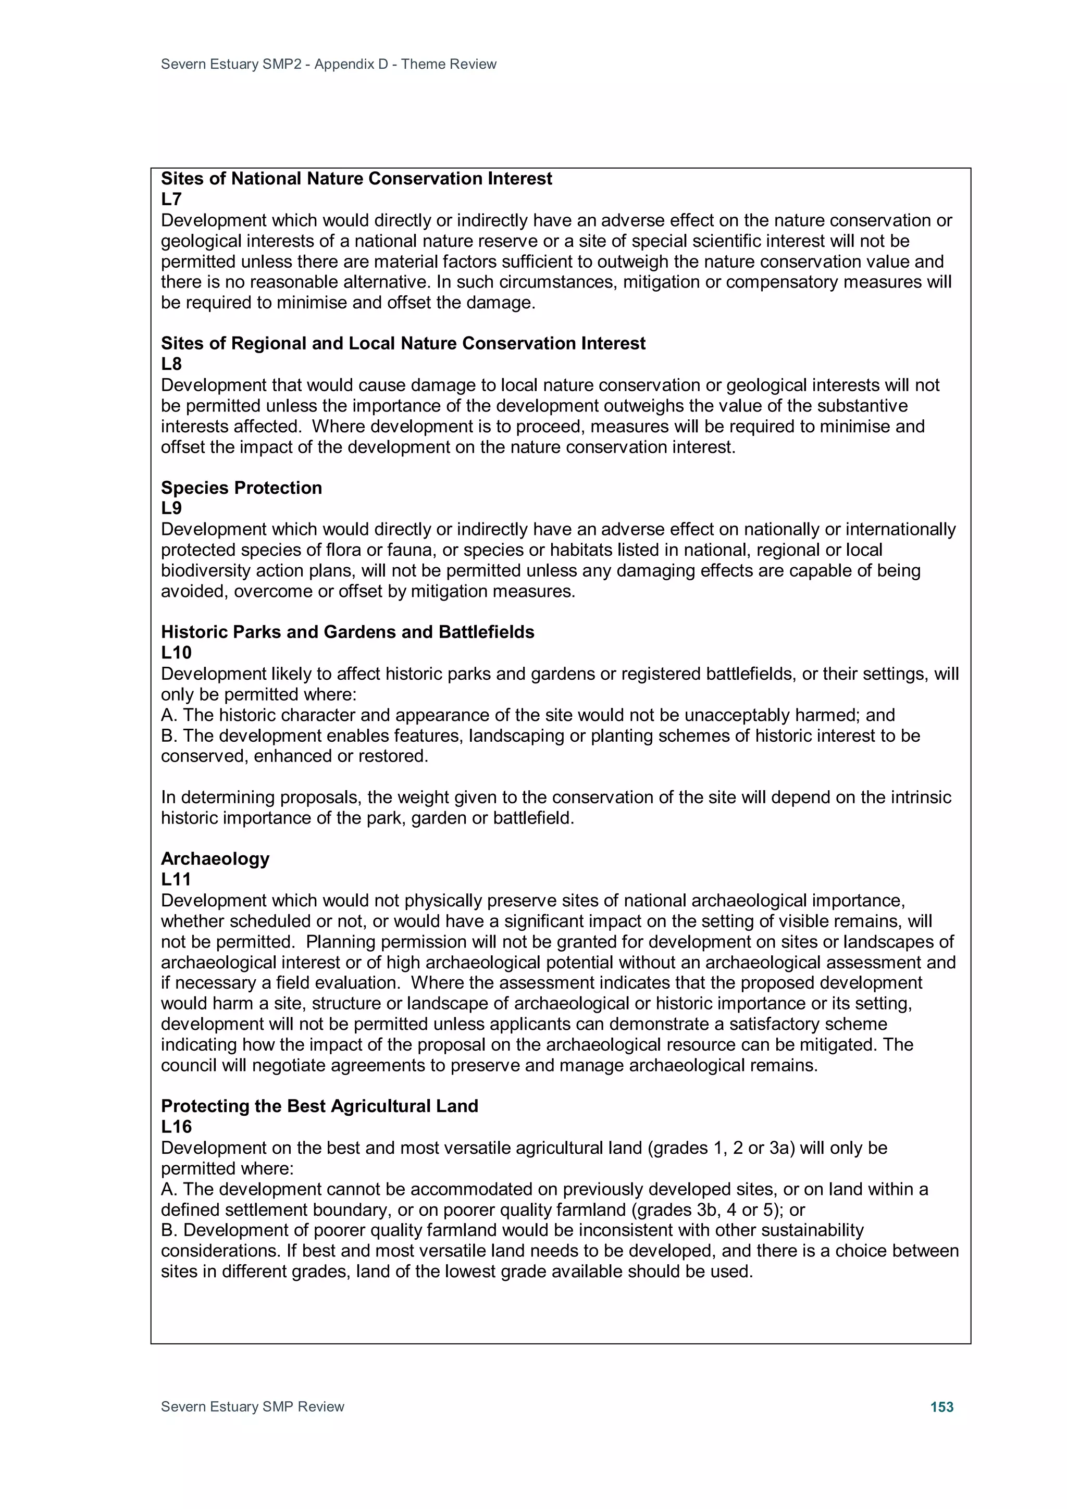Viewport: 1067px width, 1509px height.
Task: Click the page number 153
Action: pyautogui.click(x=941, y=1406)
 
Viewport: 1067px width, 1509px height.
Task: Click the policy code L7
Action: pyautogui.click(x=171, y=199)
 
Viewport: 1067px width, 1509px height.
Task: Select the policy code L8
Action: pyautogui.click(x=171, y=364)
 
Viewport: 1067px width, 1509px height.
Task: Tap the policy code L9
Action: pyautogui.click(x=171, y=508)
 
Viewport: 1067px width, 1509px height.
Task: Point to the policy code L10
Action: pyautogui.click(x=176, y=653)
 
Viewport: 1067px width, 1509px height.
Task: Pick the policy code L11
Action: pyautogui.click(x=176, y=879)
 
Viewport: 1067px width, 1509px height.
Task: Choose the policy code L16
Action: pyautogui.click(x=176, y=1127)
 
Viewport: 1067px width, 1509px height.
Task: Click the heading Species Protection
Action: pyautogui.click(x=241, y=488)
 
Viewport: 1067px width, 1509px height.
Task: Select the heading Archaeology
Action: pyautogui.click(x=215, y=858)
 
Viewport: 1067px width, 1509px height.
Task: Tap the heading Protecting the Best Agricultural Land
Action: pyautogui.click(x=319, y=1106)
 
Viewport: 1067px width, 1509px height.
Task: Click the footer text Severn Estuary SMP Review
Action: pyautogui.click(x=253, y=1406)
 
